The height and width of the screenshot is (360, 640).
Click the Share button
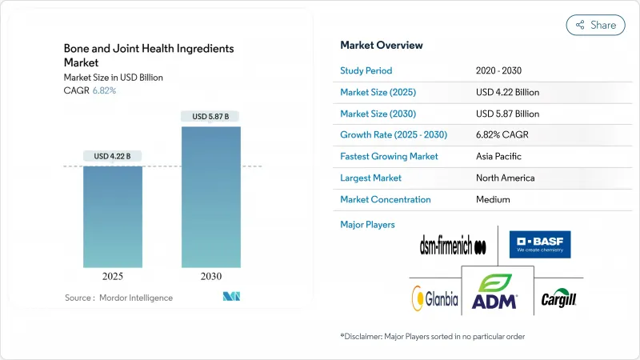point(595,25)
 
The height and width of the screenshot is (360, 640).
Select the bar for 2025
point(114,216)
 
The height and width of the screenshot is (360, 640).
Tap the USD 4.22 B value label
point(114,155)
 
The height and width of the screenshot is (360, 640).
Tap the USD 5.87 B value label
point(210,117)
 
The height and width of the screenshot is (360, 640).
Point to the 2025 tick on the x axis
point(114,276)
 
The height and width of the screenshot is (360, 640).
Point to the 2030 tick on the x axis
point(210,276)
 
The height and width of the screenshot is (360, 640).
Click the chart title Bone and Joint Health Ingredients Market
point(149,54)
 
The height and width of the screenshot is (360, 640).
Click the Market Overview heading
point(382,46)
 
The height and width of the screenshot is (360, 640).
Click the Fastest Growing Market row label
point(389,156)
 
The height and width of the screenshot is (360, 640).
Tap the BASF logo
point(540,244)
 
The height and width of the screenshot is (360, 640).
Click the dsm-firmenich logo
point(453,246)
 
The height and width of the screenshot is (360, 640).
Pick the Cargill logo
point(558,298)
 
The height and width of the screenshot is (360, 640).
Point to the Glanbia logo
point(435,298)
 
